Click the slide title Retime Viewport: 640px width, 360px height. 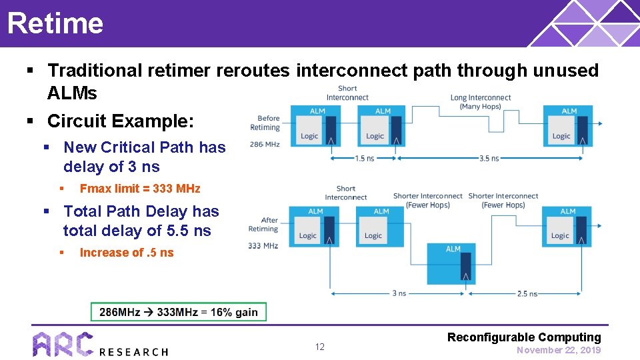coord(55,23)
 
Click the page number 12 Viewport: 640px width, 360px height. coord(319,347)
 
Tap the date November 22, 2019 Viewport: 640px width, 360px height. coord(558,350)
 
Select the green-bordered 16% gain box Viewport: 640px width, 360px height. coord(178,312)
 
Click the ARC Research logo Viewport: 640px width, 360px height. coord(100,345)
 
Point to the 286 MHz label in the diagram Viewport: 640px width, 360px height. coord(265,144)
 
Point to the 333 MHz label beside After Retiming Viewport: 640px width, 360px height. coord(263,245)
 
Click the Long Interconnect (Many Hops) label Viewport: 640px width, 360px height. coord(480,102)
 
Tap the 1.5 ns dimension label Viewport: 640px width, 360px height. coord(364,159)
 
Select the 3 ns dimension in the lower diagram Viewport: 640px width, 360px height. coord(399,293)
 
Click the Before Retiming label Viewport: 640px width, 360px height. coord(265,123)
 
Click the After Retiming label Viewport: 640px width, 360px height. coord(263,224)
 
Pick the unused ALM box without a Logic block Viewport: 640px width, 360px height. coord(453,263)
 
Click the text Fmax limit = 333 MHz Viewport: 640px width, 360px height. coord(139,189)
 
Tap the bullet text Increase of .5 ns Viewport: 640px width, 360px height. coord(126,253)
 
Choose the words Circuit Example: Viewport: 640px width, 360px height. coord(121,121)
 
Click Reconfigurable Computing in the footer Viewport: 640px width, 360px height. coord(524,337)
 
